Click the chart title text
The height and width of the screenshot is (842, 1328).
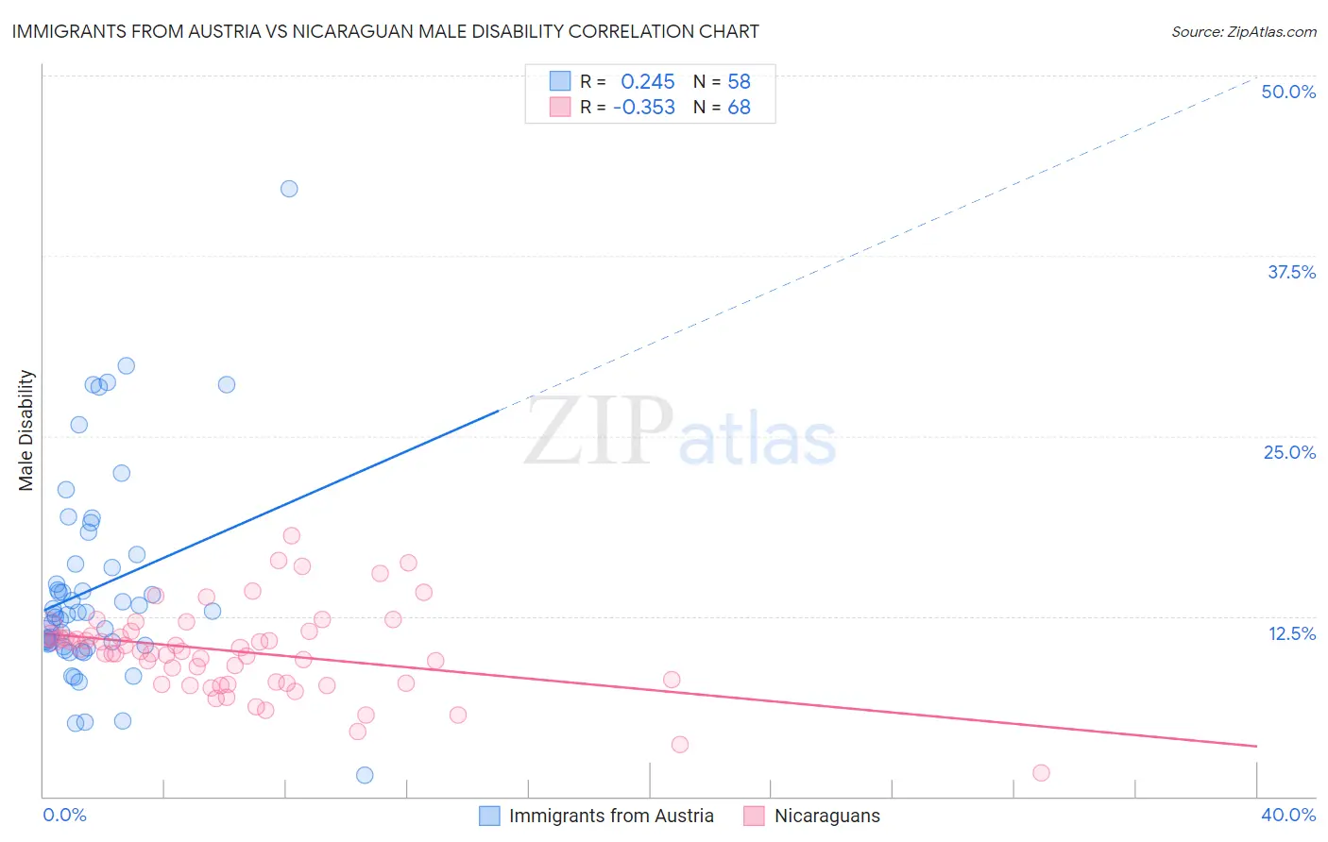tap(385, 31)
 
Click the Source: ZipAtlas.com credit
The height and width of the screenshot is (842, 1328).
tap(1243, 31)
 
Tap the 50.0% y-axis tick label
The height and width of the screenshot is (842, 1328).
tap(1288, 92)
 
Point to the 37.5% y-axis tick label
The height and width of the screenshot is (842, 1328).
tap(1291, 272)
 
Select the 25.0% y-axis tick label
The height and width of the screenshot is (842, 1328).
tap(1289, 452)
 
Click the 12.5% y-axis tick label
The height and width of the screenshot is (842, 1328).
tap(1291, 633)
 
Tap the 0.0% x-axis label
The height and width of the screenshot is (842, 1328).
tap(64, 815)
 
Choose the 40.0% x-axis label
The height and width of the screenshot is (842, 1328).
tap(1287, 815)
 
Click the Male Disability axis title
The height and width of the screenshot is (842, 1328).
tap(26, 429)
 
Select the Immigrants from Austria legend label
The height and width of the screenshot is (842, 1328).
tap(611, 816)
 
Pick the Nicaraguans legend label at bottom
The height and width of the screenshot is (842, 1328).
tap(826, 816)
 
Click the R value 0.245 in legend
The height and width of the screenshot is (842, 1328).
tap(647, 82)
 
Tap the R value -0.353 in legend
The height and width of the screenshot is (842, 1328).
tap(643, 108)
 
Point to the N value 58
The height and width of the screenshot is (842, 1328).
tap(739, 82)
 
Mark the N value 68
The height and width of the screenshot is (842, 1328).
tap(739, 108)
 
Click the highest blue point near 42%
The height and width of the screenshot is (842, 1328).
tap(289, 189)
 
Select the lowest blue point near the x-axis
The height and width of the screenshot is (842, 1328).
tap(365, 775)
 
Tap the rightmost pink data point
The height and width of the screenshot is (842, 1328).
tap(1041, 773)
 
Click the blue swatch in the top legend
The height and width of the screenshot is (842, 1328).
tap(560, 81)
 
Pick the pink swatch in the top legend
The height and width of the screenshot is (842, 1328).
tap(560, 107)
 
